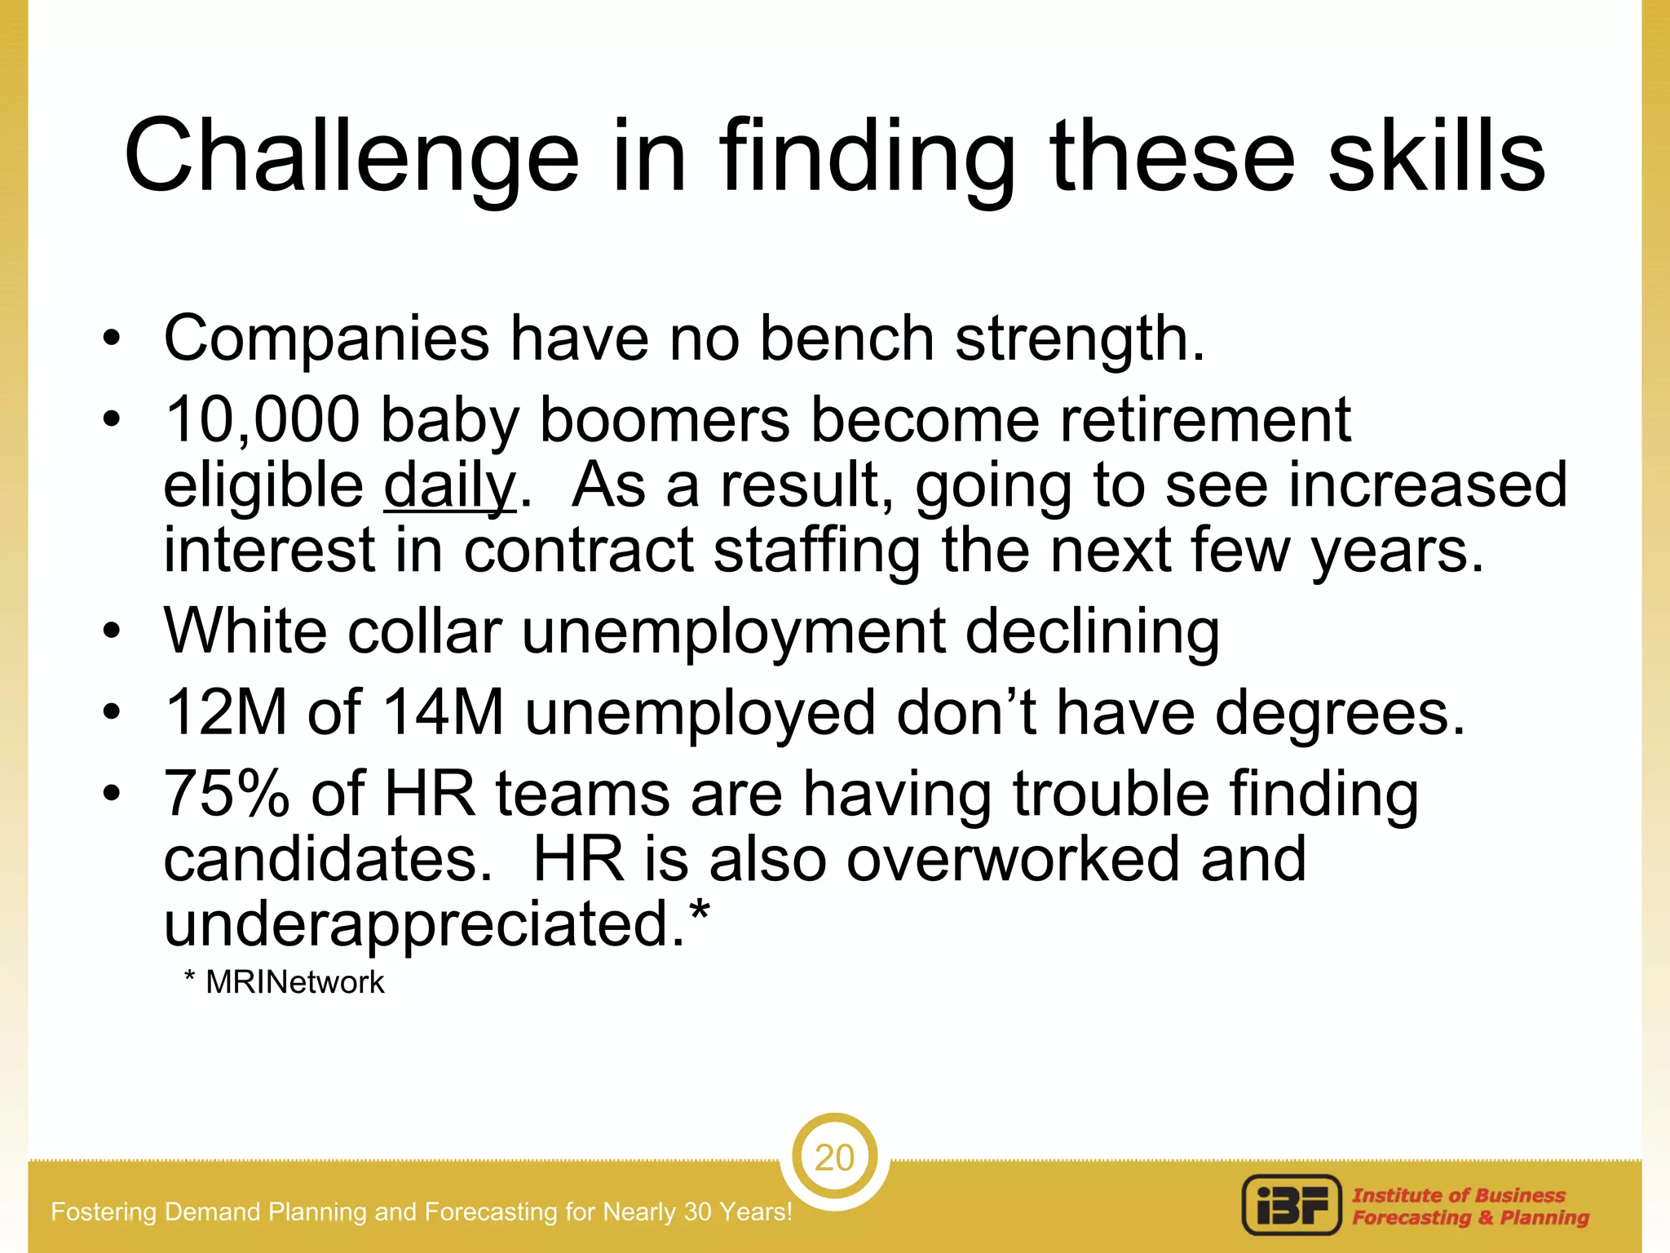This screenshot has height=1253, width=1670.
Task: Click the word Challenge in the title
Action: coord(351,157)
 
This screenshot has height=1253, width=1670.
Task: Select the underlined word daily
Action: coord(449,486)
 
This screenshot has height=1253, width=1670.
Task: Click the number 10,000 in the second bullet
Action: coord(262,419)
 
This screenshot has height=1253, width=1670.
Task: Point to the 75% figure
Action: coord(227,793)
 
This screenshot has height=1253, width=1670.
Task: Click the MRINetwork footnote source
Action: coord(294,982)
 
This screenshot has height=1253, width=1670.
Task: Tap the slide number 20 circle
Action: coord(834,1158)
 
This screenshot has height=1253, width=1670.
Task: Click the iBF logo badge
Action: coord(1291,1205)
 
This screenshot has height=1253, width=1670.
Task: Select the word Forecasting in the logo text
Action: coord(1411,1218)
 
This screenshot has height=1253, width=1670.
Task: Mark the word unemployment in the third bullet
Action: coord(733,631)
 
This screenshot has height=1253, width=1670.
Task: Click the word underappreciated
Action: coord(424,925)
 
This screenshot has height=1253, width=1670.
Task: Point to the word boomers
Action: coord(665,419)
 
